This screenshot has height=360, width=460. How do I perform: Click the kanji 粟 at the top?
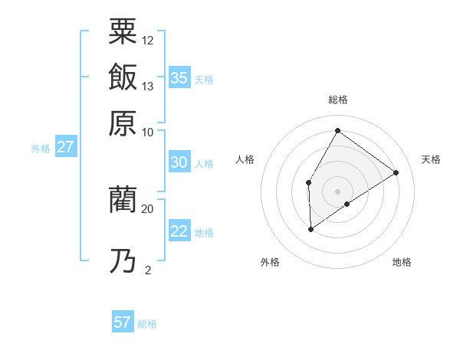click(x=123, y=33)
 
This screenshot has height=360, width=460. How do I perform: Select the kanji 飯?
click(x=123, y=77)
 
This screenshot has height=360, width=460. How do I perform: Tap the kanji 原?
click(x=123, y=122)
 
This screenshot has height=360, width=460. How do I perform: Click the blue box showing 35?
click(x=179, y=78)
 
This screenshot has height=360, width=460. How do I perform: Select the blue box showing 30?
click(x=179, y=162)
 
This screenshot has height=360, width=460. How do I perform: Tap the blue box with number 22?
click(x=179, y=232)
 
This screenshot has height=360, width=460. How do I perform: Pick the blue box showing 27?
click(x=65, y=147)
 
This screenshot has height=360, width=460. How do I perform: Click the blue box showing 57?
click(x=123, y=322)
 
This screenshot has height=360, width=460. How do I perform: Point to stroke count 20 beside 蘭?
click(x=148, y=208)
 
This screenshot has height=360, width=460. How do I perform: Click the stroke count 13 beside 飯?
click(x=148, y=86)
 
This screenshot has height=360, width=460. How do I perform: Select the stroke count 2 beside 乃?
click(x=148, y=270)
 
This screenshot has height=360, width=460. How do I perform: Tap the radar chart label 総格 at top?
click(x=337, y=100)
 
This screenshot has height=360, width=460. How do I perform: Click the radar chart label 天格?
click(x=431, y=159)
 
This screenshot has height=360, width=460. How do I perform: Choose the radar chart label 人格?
click(x=245, y=159)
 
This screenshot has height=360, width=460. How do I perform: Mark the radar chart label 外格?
click(x=270, y=262)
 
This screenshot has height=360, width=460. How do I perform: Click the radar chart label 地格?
click(x=402, y=262)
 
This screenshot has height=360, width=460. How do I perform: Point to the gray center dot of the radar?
click(x=337, y=191)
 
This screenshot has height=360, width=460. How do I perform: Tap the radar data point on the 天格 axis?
click(x=396, y=172)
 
